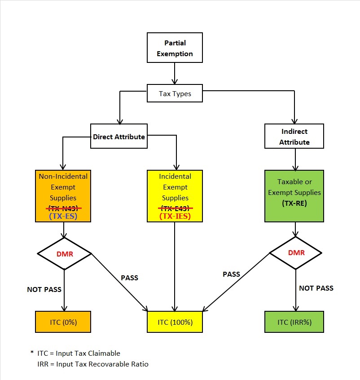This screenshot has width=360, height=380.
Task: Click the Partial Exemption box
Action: [175, 49]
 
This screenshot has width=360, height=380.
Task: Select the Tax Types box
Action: [175, 94]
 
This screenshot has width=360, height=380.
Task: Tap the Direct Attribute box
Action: [119, 136]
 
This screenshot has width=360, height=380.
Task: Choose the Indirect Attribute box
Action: [294, 137]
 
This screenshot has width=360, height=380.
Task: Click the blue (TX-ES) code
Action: [63, 216]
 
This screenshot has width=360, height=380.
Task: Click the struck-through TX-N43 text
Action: [63, 208]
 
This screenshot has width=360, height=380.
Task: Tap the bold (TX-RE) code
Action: [294, 203]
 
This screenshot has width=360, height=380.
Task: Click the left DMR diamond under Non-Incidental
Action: [64, 253]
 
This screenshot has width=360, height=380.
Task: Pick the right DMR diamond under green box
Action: [296, 253]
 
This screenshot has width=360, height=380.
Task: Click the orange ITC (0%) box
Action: [63, 322]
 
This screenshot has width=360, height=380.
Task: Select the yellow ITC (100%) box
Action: [175, 322]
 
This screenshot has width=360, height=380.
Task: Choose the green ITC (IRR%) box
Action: [294, 322]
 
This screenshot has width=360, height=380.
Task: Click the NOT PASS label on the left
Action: [44, 289]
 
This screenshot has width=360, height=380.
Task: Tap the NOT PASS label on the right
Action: [316, 288]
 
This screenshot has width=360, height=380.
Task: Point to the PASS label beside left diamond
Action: [129, 278]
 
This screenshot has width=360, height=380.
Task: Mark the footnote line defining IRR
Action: [93, 364]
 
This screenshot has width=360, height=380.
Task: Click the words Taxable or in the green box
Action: [294, 182]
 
